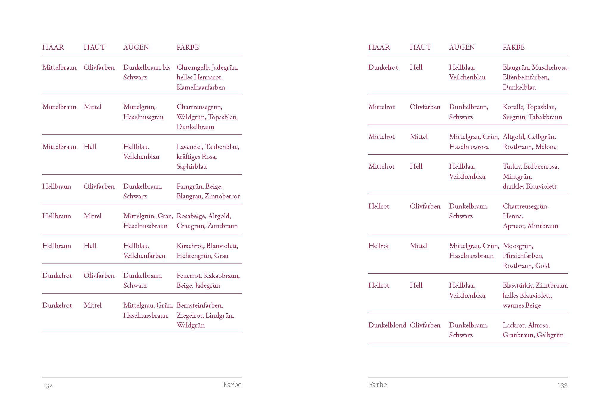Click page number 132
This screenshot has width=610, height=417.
pos(47,385)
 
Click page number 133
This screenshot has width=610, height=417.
pos(562,385)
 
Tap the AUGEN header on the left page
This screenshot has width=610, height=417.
pos(136,47)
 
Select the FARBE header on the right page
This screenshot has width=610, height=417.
pos(513,47)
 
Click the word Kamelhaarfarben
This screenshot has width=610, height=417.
pos(201,87)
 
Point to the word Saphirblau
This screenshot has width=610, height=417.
pos(192,167)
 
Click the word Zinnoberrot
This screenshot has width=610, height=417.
pos(222,196)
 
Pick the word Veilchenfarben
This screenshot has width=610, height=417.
pos(144,256)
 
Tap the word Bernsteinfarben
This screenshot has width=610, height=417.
pos(200,305)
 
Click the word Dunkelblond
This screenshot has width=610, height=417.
pos(387,325)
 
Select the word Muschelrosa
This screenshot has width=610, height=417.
pos(550,68)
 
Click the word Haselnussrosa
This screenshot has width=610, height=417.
pos(469,147)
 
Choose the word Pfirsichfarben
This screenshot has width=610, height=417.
pos(523,256)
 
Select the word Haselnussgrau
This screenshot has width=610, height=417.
pos(143,117)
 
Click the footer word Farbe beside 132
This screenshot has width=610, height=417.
pos(232,385)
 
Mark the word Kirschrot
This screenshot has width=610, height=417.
pos(190,246)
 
